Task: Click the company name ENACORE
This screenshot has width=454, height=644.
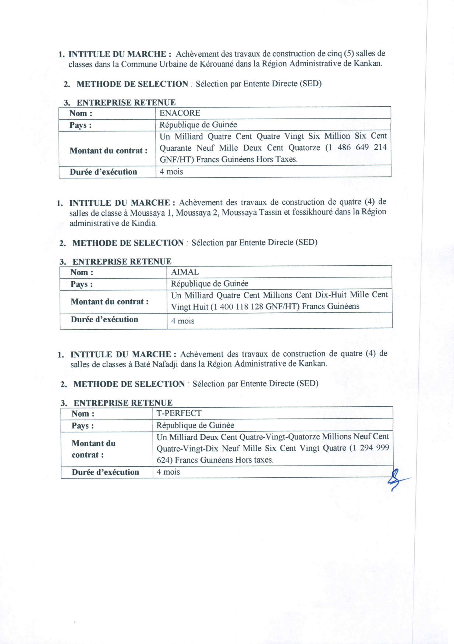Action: click(x=180, y=113)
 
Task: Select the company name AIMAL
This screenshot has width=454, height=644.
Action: click(x=185, y=272)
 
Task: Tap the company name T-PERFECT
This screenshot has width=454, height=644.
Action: click(x=179, y=413)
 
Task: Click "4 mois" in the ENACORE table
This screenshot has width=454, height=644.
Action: click(x=171, y=171)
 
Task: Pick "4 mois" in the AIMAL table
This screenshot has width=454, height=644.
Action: click(x=182, y=321)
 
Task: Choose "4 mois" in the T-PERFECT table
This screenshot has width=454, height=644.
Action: click(x=168, y=472)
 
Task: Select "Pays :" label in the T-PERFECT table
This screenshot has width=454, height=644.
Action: click(x=82, y=426)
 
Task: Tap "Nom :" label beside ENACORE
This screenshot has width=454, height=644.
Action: click(x=81, y=113)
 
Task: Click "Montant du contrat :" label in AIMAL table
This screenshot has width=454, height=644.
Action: click(x=110, y=302)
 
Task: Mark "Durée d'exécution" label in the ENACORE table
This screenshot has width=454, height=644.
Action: click(x=103, y=172)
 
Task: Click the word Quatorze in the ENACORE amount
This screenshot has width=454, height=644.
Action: click(x=304, y=148)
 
